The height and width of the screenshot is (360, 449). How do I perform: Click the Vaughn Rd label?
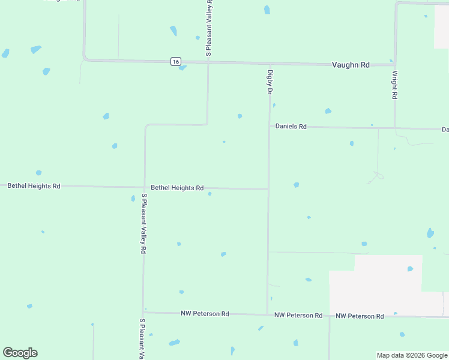point(351,65)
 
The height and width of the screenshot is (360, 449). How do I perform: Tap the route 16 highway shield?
point(175,61)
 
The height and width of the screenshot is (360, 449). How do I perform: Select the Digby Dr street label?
point(270,82)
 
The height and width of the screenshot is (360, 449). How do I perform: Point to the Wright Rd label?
point(394,85)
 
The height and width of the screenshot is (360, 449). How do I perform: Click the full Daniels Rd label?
point(291,127)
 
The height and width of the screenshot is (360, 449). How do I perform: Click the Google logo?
point(20,353)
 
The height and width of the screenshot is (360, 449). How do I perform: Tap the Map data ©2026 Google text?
point(411,355)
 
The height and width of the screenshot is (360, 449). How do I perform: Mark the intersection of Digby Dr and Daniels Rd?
point(269,127)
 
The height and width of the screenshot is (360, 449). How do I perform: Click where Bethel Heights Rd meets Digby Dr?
point(268,188)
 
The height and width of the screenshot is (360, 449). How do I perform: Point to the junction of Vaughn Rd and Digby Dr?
point(270,63)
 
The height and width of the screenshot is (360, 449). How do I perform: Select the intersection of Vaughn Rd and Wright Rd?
point(395,64)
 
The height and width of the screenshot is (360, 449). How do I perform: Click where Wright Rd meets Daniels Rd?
point(394,128)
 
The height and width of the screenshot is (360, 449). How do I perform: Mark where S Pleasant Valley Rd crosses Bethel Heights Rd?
point(144,187)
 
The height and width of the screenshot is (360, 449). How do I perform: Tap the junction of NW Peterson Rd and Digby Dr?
point(267,314)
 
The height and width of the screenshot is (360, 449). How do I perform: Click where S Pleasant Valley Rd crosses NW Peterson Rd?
point(143,312)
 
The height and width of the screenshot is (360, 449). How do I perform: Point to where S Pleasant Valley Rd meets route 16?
point(208,61)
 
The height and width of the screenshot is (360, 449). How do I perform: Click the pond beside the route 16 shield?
point(182,68)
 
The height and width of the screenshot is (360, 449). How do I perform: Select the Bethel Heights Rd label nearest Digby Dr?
point(177,188)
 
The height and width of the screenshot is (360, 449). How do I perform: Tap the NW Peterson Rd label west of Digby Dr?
point(205,313)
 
